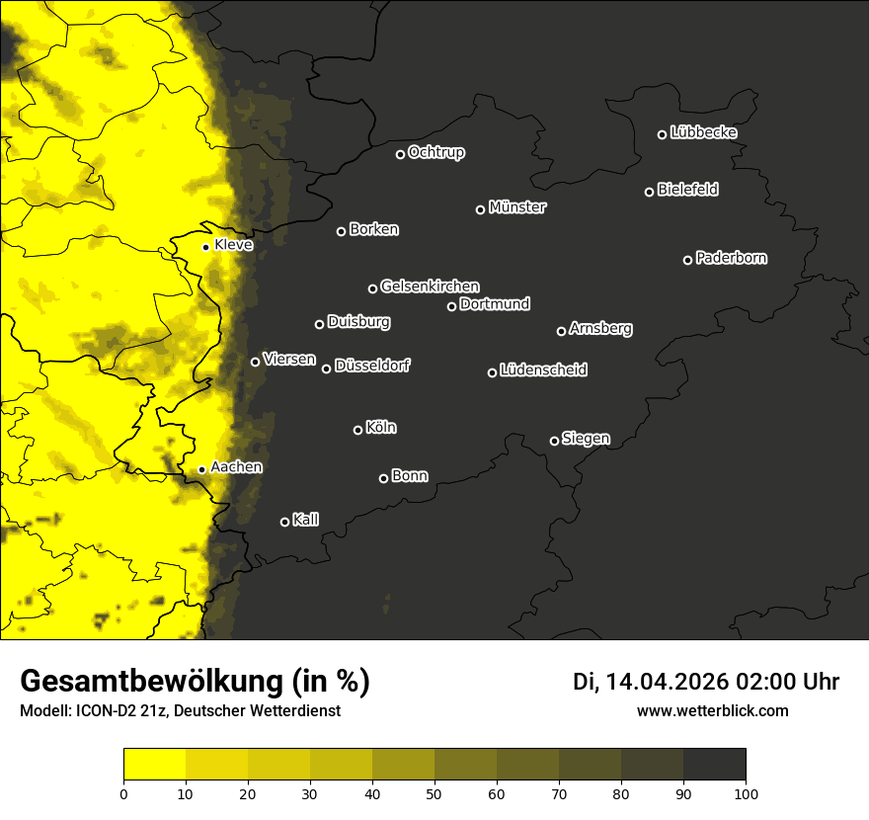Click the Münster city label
tap(517, 207)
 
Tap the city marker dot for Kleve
tap(205, 247)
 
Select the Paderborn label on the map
tap(731, 258)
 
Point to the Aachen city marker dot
tap(201, 469)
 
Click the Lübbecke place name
tap(703, 132)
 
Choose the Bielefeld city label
tap(687, 190)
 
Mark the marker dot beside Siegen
tap(554, 441)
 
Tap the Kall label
tap(305, 520)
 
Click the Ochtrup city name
tap(435, 152)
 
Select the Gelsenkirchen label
tap(430, 287)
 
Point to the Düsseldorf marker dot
tap(326, 369)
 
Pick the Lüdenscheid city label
tap(543, 370)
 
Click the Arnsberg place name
tap(600, 329)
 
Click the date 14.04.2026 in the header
tap(667, 682)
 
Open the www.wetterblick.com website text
tap(712, 710)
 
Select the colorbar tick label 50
tap(434, 793)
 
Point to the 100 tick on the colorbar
tap(746, 793)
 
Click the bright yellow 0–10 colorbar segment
tap(154, 765)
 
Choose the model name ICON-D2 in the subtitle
tap(111, 710)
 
